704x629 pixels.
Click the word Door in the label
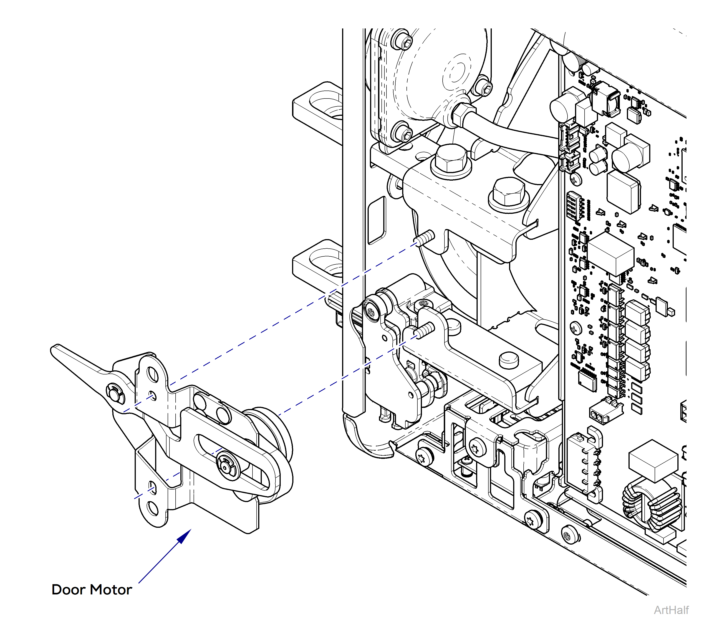[68, 590]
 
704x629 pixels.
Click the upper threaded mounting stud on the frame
[426, 238]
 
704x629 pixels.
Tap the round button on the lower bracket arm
[508, 359]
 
